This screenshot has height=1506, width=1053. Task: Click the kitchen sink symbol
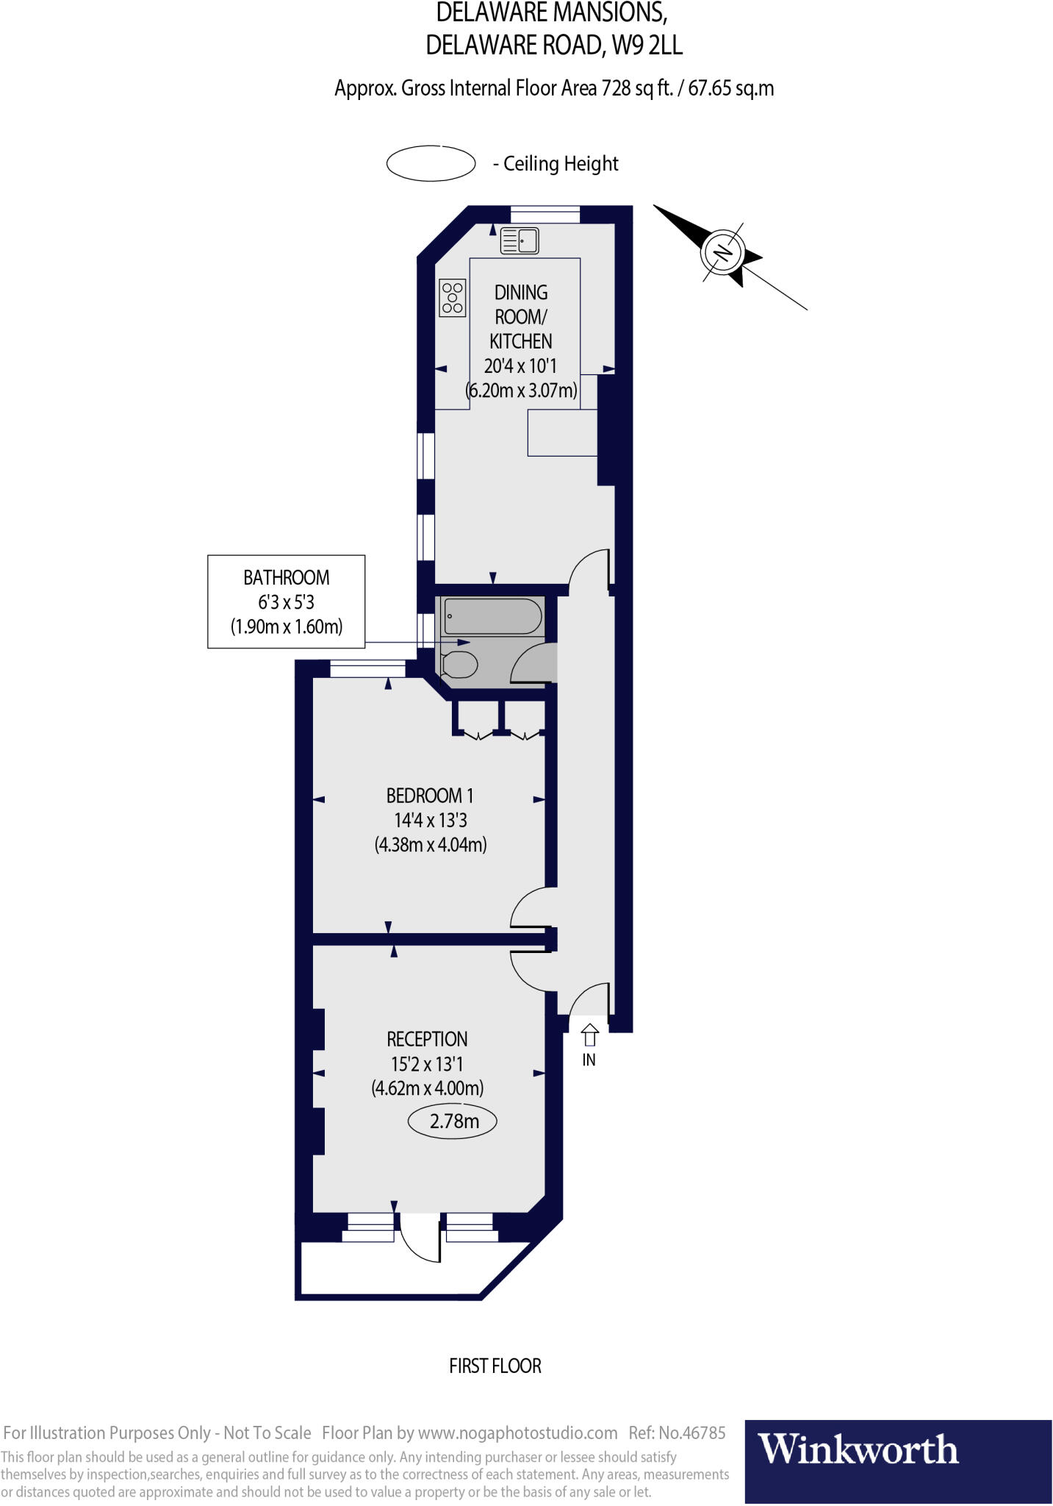(520, 240)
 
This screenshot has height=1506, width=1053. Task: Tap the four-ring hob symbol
(452, 298)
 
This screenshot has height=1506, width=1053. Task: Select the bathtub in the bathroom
(493, 616)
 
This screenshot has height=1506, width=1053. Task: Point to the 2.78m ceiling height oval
(453, 1121)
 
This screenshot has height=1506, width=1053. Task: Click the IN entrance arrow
(589, 1036)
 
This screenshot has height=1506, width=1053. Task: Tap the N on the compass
(724, 253)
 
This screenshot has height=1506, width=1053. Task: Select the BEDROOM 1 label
(430, 796)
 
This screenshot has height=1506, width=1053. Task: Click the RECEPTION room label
(427, 1039)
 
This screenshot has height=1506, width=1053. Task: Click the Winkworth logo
(858, 1450)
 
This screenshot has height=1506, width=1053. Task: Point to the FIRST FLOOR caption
(495, 1366)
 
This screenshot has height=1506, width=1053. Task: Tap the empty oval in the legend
(431, 163)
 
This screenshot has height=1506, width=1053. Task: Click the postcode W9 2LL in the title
(647, 46)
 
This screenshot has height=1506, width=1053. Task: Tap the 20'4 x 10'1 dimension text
(520, 365)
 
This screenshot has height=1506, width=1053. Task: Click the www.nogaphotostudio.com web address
(517, 1432)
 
